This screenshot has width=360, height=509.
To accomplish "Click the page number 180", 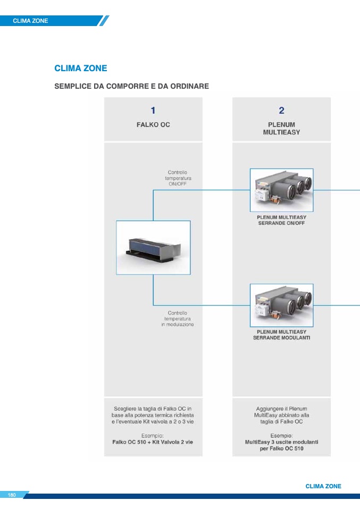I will point(12,495).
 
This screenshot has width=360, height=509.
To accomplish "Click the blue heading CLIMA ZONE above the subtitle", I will point(81,69).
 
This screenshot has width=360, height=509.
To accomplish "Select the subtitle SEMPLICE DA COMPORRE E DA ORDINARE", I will point(131,86).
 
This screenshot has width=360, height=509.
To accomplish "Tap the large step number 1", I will point(153,111).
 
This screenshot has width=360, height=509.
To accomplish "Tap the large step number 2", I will point(281,111).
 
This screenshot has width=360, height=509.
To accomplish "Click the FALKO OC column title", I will point(153,125).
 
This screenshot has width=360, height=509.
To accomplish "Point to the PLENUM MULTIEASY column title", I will point(281,128).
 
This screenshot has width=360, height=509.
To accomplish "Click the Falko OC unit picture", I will point(153,248).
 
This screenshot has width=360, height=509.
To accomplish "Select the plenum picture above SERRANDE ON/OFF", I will point(281,190).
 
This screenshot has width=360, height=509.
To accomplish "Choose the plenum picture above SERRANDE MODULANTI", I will point(281,305).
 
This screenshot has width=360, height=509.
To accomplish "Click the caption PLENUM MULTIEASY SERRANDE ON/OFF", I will point(281,220).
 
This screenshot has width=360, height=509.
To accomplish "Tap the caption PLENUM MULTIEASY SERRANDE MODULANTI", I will point(281,335).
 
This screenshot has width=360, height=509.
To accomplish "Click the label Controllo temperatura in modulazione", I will point(178,319).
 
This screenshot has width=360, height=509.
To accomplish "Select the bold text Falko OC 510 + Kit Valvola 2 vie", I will point(153,442).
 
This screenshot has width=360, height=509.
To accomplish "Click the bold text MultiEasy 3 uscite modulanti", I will point(281,442).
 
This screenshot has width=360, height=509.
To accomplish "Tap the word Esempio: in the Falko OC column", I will point(153,435).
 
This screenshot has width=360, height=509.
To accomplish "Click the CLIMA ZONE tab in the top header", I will point(30,21).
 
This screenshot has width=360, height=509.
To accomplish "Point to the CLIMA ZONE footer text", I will point(323,486).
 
